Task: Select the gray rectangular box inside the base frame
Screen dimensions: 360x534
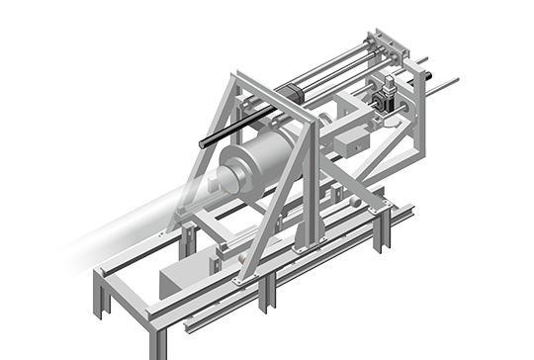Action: click(184, 281)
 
